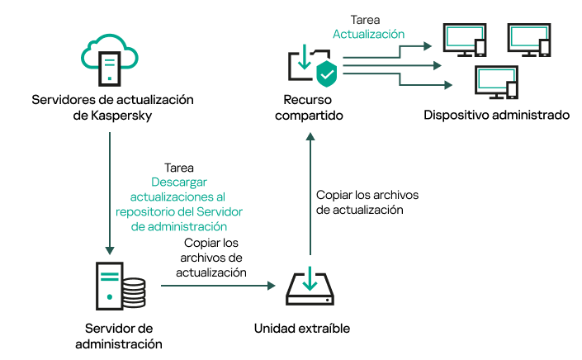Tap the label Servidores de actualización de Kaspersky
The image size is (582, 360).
coord(112,107)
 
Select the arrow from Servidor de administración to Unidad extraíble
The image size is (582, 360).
coord(218,286)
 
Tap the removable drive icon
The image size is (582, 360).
coord(309,285)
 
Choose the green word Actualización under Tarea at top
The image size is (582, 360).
coord(368,35)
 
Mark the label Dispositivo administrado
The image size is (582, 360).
coord(496,115)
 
